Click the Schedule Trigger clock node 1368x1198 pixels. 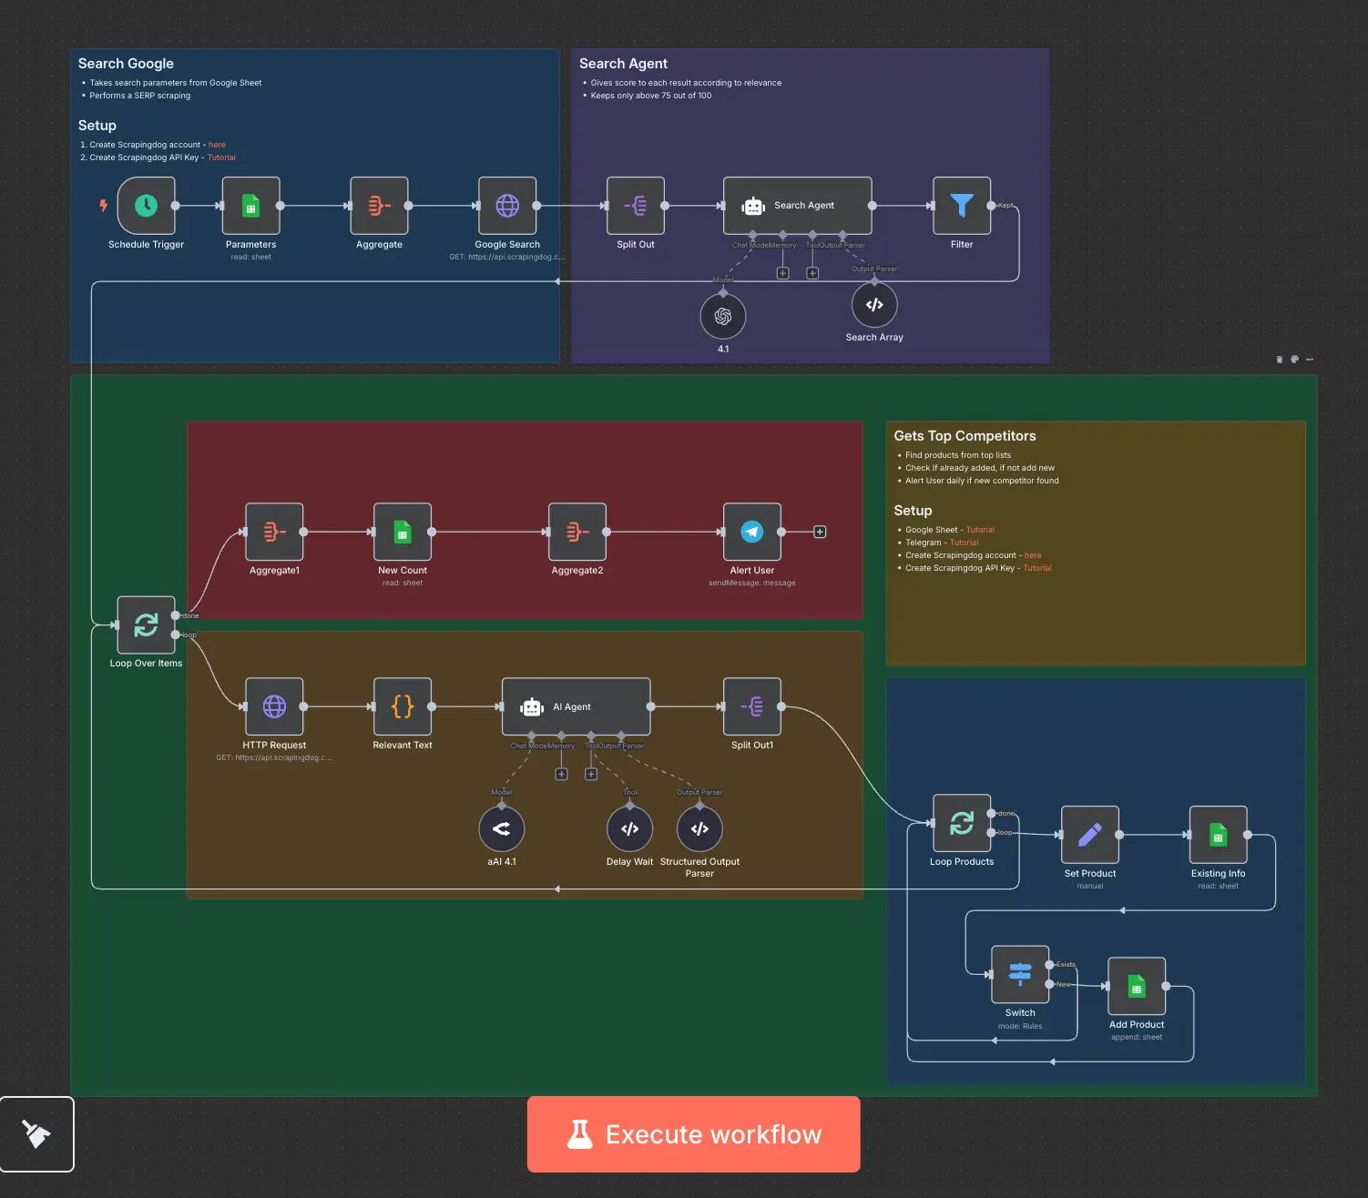(146, 206)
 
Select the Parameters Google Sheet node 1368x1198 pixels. (250, 206)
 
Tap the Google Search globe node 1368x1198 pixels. (507, 206)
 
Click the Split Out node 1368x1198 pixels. (636, 206)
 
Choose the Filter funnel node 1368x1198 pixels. (962, 206)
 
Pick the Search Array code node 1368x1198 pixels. (874, 305)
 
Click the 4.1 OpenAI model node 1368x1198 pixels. (723, 316)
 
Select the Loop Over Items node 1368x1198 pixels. (146, 625)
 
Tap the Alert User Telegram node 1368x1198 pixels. (752, 532)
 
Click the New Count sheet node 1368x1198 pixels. (403, 532)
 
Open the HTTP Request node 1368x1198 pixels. (274, 706)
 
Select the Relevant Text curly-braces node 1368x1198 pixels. (403, 706)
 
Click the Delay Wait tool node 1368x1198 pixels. (629, 829)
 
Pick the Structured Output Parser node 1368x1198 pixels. (699, 829)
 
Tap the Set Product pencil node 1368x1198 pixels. (1090, 835)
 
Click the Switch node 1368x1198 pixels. (1020, 974)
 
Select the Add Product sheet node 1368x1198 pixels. (1137, 986)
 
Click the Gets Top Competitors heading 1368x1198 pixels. (965, 436)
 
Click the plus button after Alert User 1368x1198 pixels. (820, 532)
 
